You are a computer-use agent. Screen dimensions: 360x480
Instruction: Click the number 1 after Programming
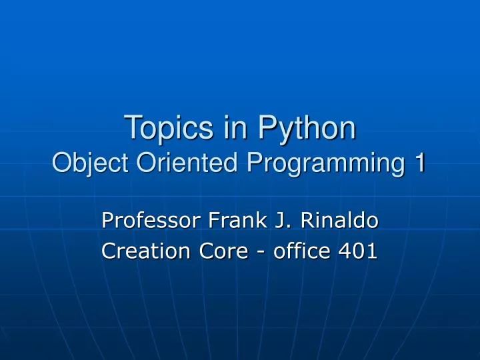click(x=418, y=162)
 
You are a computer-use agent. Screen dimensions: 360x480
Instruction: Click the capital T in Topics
click(x=131, y=127)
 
